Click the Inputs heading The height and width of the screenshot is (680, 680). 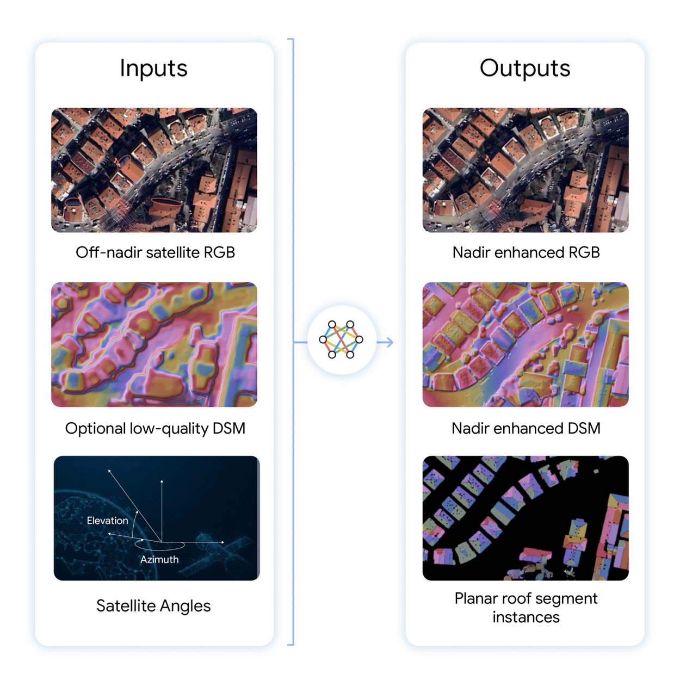(153, 69)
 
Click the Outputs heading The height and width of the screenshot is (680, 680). (525, 69)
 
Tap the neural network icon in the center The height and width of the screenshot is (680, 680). (341, 340)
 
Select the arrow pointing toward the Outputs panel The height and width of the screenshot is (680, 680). (385, 342)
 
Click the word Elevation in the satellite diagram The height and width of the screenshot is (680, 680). (107, 521)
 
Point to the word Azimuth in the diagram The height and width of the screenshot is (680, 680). (159, 559)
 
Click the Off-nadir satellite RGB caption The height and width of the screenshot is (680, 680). (155, 252)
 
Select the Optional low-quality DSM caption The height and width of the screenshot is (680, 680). (155, 429)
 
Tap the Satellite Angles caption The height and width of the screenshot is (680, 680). (153, 606)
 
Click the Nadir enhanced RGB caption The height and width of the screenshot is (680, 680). (526, 252)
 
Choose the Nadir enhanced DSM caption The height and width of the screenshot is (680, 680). (526, 429)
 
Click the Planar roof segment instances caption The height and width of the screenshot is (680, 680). (526, 608)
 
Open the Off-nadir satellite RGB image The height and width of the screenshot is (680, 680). (154, 170)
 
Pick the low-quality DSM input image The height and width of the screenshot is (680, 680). (154, 344)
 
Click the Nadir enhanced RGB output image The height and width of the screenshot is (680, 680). (526, 170)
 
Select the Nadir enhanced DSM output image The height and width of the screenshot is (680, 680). (526, 344)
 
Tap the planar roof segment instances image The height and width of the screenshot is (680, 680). (526, 518)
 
